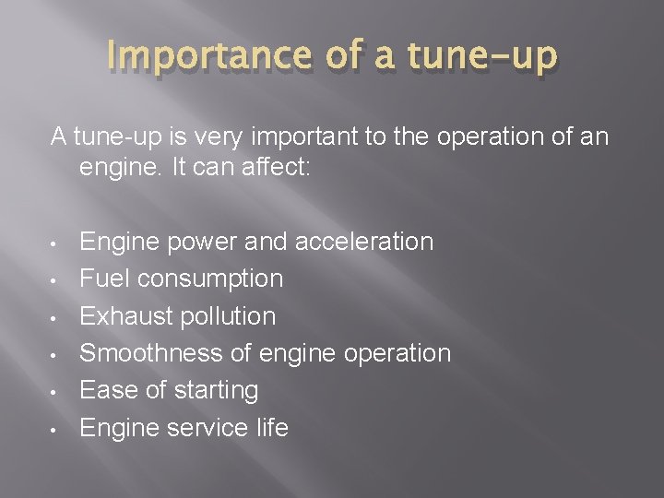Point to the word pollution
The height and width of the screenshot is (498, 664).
(228, 316)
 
